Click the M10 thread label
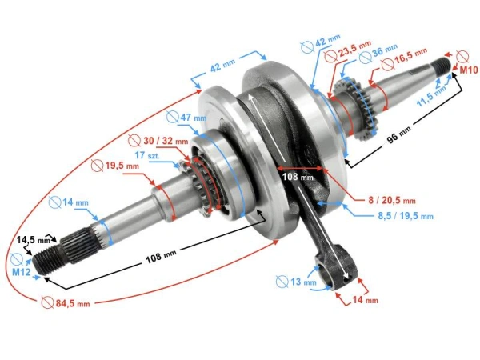(x=468, y=71)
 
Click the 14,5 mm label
(x=34, y=239)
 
